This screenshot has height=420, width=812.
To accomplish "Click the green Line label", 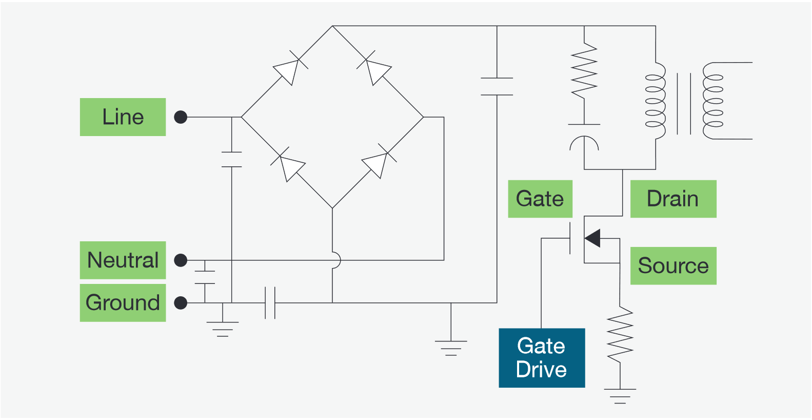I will point(123,117).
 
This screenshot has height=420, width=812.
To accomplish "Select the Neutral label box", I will point(123,260).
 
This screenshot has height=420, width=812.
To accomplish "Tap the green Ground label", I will point(123,303).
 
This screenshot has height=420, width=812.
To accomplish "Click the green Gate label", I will point(540,199).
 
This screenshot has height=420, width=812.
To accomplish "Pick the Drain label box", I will point(672,199).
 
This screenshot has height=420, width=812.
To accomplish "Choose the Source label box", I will point(672,266).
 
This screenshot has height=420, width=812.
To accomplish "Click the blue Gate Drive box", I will point(542,358).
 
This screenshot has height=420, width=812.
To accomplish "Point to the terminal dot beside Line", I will point(181,117).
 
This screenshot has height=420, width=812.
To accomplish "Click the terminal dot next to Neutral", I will point(181,260).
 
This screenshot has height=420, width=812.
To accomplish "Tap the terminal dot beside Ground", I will point(181,303).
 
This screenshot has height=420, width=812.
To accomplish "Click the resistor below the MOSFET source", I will point(620,335).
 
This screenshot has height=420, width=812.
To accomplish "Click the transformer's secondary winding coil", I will point(712,101).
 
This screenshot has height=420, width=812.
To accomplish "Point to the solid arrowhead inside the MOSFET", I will point(593,238).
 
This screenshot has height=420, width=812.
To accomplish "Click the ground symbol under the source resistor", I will point(620,396).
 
